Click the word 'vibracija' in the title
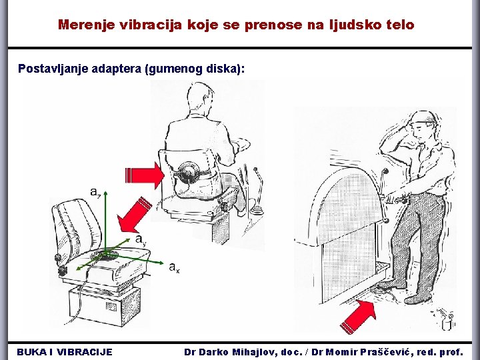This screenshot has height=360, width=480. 151,25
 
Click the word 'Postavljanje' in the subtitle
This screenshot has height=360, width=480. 53,69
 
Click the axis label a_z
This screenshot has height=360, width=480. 95,192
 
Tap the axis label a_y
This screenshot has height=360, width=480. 141,239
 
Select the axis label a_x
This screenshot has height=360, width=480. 175,267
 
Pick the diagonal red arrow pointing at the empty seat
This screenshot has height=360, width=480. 133,215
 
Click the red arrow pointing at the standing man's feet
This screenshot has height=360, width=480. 358,317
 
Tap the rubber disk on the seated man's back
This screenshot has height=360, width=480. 187,172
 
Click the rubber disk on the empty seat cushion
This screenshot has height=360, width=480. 105,255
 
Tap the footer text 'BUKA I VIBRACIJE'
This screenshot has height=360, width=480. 65,352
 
